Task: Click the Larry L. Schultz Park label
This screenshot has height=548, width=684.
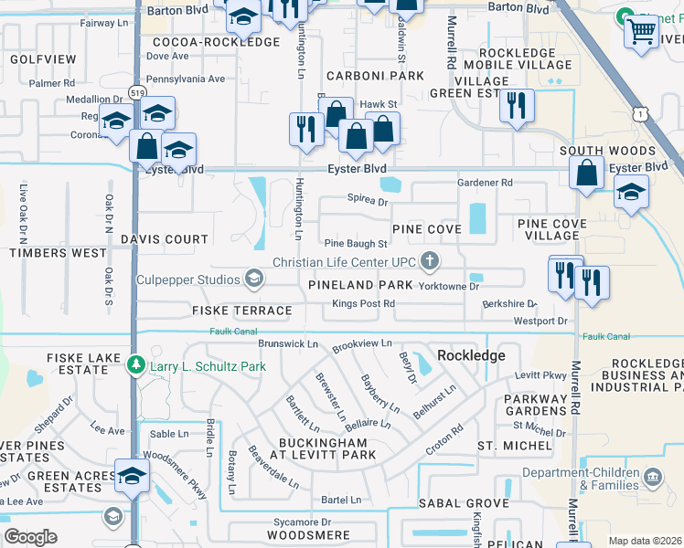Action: (208, 365)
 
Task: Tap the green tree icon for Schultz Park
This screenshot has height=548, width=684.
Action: (136, 365)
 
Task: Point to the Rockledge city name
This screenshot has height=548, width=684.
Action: (471, 354)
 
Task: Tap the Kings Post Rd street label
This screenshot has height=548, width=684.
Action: (363, 303)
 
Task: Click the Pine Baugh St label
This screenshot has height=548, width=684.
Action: (357, 244)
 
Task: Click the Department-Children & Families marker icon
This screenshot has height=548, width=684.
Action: (653, 477)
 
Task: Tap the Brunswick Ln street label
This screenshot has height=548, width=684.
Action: (287, 343)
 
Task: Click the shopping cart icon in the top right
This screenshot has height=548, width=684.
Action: (642, 33)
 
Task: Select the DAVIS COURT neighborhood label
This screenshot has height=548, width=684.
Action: (165, 239)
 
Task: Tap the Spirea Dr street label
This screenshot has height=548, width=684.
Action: (368, 199)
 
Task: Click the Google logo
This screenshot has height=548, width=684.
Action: (31, 537)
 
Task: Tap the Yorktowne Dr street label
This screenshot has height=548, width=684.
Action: (449, 286)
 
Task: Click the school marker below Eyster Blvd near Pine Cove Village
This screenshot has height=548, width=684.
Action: (631, 193)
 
